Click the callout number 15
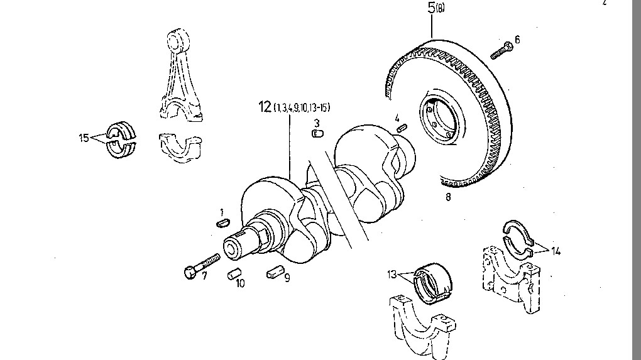pyautogui.click(x=84, y=138)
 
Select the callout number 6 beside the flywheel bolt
pyautogui.click(x=517, y=40)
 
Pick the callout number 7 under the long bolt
pyautogui.click(x=204, y=276)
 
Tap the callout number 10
pyautogui.click(x=241, y=283)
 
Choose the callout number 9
pyautogui.click(x=287, y=277)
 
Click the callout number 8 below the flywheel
pyautogui.click(x=448, y=197)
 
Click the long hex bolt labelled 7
pyautogui.click(x=202, y=264)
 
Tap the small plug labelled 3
pyautogui.click(x=318, y=133)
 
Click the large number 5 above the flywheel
pyautogui.click(x=431, y=9)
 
